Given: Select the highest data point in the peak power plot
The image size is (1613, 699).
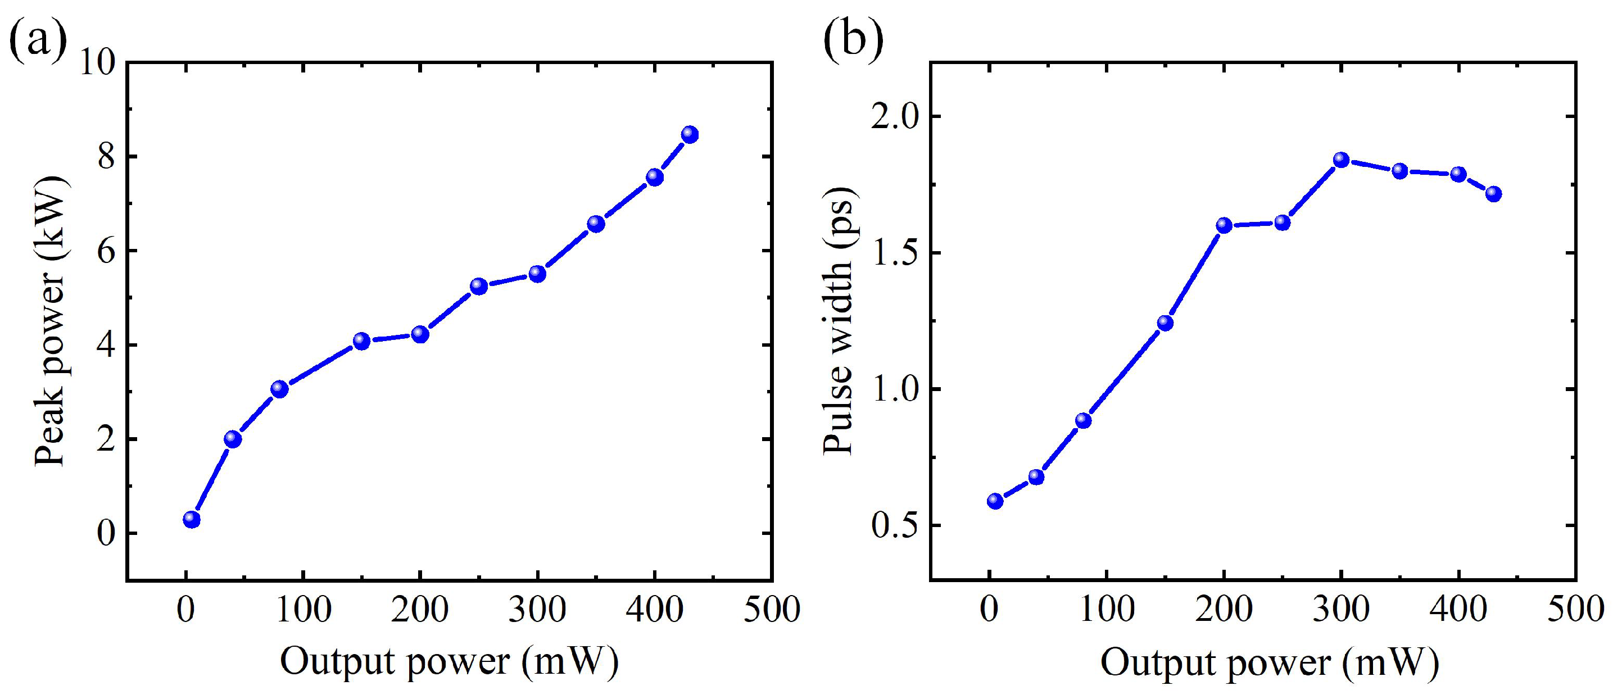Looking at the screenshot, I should (x=690, y=134).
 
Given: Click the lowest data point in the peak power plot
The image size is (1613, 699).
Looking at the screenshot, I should (x=192, y=519).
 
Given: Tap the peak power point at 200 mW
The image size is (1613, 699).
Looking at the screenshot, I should (x=420, y=334).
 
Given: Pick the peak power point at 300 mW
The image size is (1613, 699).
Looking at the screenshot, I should (x=537, y=274).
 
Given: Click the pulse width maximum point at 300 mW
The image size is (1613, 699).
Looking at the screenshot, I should (x=1341, y=160).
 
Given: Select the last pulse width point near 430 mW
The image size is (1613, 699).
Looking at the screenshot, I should (x=1493, y=193).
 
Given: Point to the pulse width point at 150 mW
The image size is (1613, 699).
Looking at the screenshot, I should (x=1165, y=323).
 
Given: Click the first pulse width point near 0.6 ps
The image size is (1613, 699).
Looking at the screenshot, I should (x=995, y=501).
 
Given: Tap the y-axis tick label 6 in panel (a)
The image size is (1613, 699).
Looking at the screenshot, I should (x=106, y=251).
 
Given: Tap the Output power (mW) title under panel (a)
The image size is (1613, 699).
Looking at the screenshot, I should (x=449, y=662).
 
